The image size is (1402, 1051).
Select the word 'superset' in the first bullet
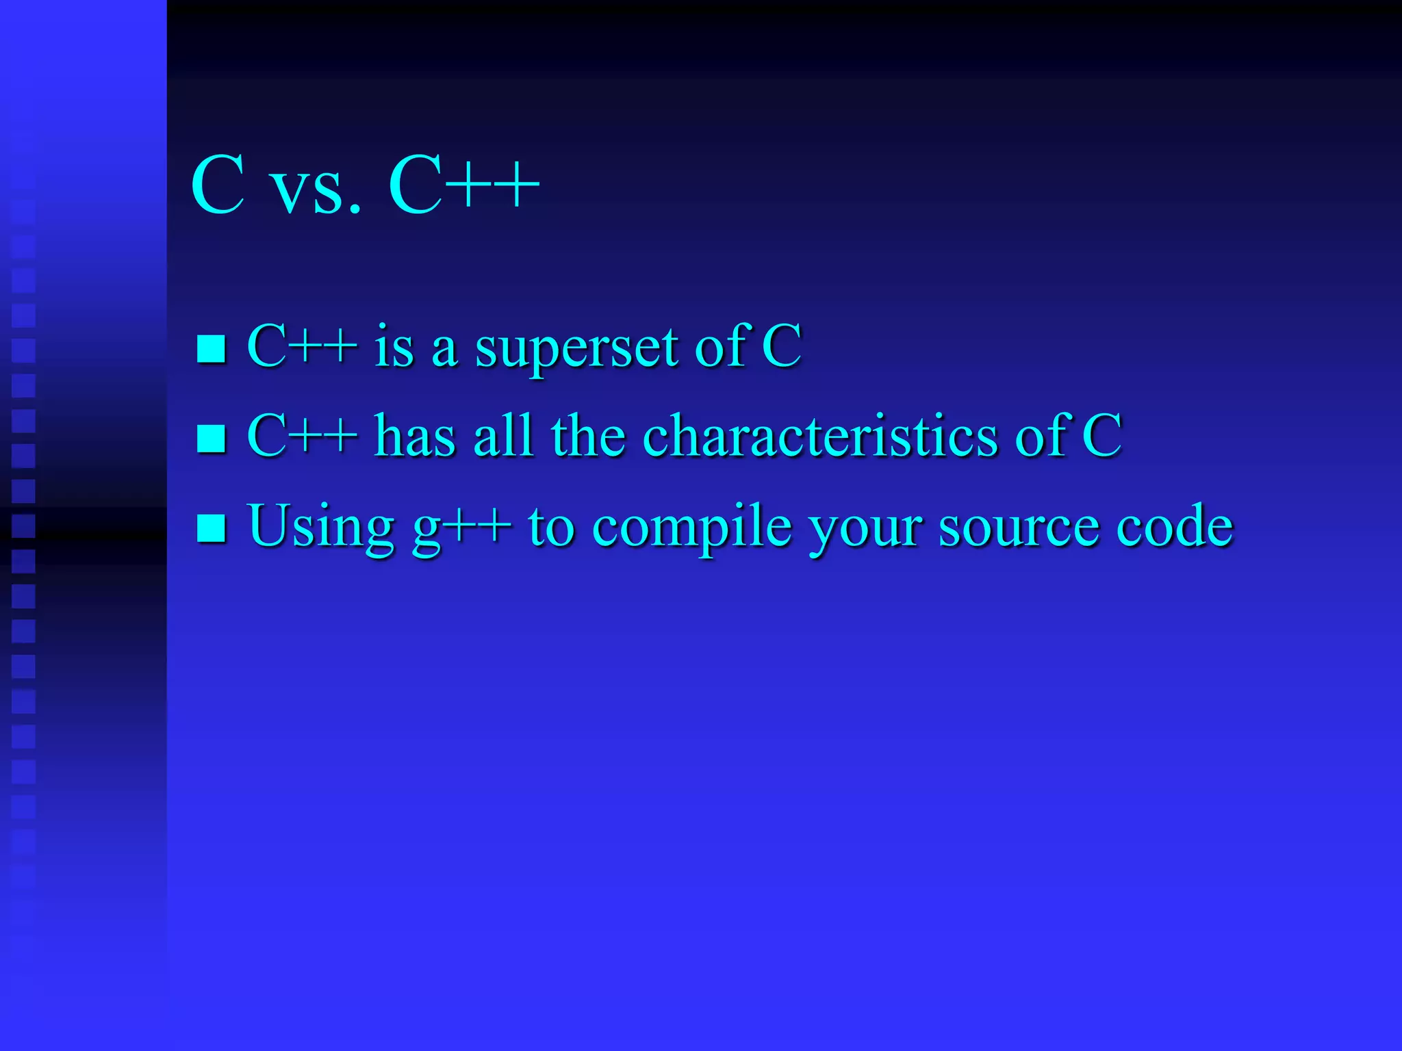(x=576, y=349)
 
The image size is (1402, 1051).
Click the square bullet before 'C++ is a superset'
(x=211, y=348)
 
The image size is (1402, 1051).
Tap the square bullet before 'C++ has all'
(x=211, y=438)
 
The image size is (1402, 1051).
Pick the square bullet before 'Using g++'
(x=211, y=528)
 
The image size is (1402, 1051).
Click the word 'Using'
(x=320, y=528)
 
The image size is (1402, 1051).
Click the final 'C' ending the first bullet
(x=782, y=346)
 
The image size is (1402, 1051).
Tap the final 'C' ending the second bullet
(x=1101, y=435)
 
